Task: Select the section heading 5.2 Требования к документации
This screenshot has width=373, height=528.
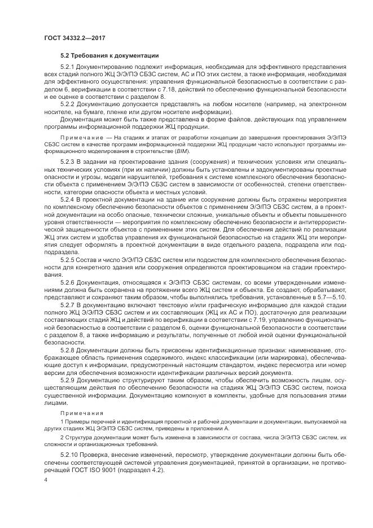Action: (109, 55)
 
